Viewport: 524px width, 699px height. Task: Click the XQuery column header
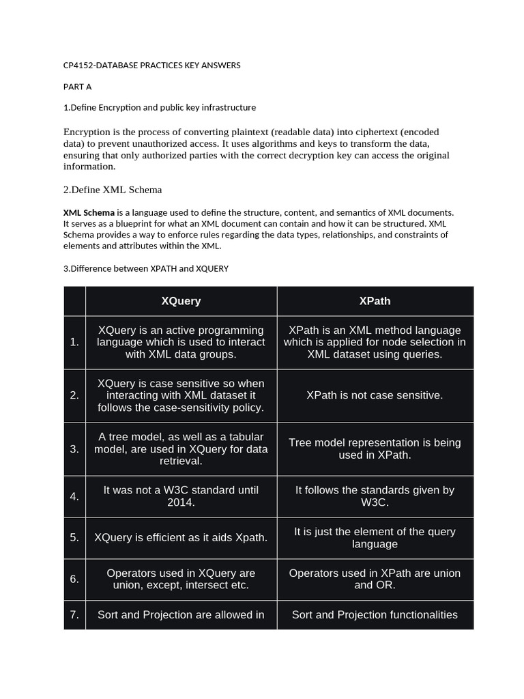click(x=181, y=300)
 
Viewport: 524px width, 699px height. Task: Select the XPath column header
click(x=375, y=300)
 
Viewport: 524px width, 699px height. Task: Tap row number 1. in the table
click(x=74, y=342)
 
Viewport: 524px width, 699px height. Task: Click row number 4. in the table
click(x=74, y=496)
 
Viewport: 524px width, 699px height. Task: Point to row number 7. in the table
click(x=74, y=615)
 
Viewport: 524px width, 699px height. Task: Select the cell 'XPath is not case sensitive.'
click(x=375, y=395)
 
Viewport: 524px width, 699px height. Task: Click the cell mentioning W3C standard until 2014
click(x=181, y=496)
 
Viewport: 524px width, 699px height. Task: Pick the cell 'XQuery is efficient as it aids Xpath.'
click(x=181, y=538)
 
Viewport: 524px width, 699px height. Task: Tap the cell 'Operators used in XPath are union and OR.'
click(x=375, y=579)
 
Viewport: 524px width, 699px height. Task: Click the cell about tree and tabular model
click(x=181, y=448)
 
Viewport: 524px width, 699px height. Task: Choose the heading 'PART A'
click(x=77, y=87)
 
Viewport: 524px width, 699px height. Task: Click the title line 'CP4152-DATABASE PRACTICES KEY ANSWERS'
click(x=151, y=66)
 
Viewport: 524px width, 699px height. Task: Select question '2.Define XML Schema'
click(x=113, y=189)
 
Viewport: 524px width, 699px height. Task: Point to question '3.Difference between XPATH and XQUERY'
click(x=145, y=268)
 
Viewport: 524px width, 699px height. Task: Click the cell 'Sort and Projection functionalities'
click(x=375, y=615)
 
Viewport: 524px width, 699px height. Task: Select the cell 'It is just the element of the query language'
click(x=375, y=538)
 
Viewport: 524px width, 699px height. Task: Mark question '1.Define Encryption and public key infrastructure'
click(x=159, y=107)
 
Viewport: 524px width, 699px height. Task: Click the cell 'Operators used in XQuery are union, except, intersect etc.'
click(x=181, y=579)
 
